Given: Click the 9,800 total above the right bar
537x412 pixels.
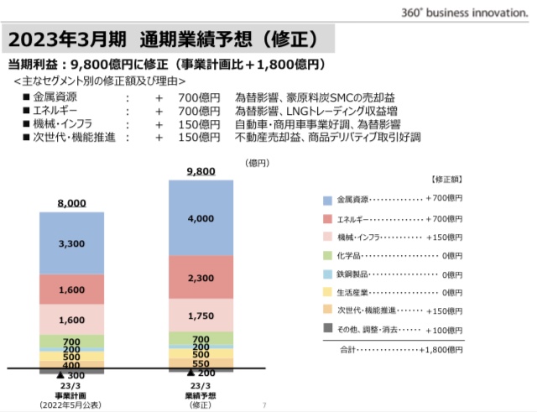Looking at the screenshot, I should pyautogui.click(x=201, y=171).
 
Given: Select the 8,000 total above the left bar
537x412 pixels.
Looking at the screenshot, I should pyautogui.click(x=71, y=203).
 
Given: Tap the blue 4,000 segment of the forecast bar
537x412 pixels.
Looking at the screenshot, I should pyautogui.click(x=201, y=218).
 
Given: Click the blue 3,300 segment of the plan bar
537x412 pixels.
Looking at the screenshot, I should pyautogui.click(x=71, y=243).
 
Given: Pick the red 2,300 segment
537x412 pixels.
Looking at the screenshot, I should pyautogui.click(x=201, y=278).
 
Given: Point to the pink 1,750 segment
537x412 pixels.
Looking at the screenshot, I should pyautogui.click(x=201, y=316).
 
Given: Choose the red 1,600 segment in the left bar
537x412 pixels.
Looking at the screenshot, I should pyautogui.click(x=71, y=289).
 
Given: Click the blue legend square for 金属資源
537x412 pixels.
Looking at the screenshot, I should pyautogui.click(x=328, y=200).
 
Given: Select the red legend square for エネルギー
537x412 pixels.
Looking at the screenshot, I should pyautogui.click(x=328, y=218).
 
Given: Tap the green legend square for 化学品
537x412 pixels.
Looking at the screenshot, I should pyautogui.click(x=328, y=255).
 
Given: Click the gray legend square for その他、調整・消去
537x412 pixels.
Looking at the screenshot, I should pyautogui.click(x=328, y=329).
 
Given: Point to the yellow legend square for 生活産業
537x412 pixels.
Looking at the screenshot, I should pyautogui.click(x=328, y=292).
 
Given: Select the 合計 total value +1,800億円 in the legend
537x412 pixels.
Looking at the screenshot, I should pyautogui.click(x=441, y=349).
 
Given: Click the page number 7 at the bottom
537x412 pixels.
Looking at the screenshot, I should pyautogui.click(x=264, y=405).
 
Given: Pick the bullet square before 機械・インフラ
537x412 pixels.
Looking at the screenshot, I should pyautogui.click(x=27, y=124).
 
